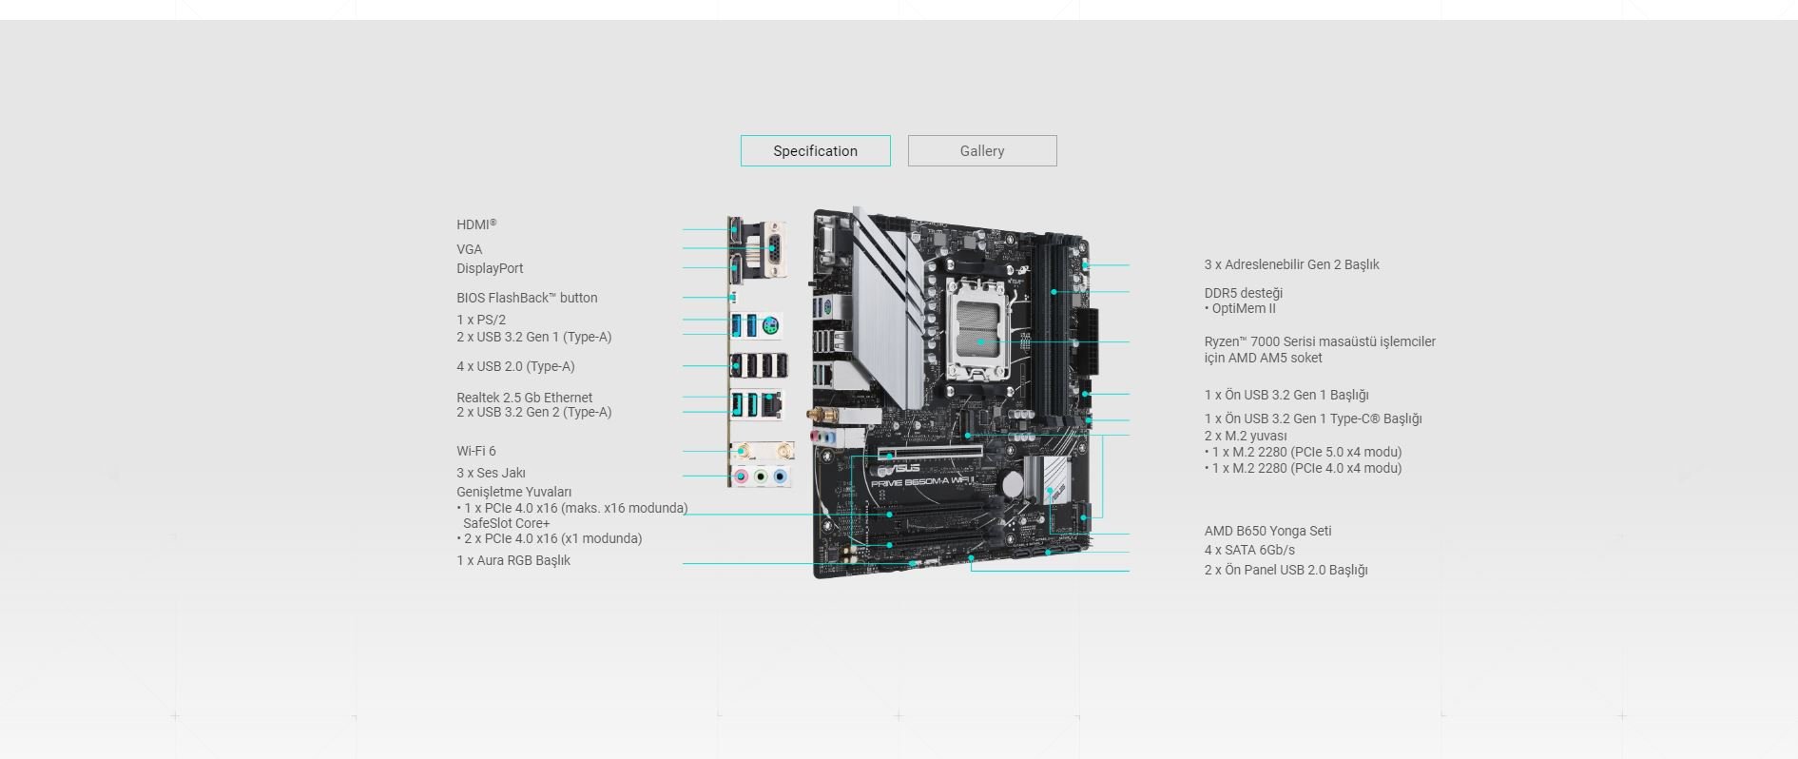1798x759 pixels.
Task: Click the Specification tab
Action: [815, 150]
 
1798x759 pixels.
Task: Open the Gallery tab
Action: [982, 150]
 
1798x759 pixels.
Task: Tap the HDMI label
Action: [476, 224]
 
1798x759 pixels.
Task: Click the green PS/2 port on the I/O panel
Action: [773, 326]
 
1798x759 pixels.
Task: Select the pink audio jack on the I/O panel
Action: [742, 476]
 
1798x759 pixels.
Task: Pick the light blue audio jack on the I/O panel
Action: [781, 476]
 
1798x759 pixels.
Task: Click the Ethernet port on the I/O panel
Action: [771, 403]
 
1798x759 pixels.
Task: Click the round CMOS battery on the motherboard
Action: [1014, 482]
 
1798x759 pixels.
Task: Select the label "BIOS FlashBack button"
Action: [527, 298]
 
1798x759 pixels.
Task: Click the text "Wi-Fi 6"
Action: [476, 451]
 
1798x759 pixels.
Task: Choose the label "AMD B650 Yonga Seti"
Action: [1267, 531]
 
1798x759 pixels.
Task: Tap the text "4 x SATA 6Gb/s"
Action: [1249, 550]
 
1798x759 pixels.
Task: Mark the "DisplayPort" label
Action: [490, 268]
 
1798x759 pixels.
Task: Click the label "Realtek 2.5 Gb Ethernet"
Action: [524, 398]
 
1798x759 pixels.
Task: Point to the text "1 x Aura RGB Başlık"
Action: [513, 560]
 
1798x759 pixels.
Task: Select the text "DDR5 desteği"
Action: [1244, 293]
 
